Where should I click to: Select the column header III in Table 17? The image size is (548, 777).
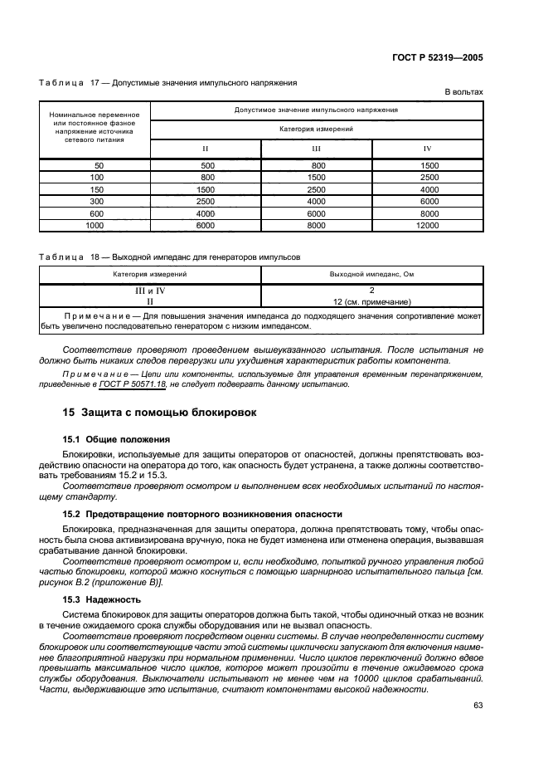[317, 149]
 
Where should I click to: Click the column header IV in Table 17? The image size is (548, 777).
[428, 149]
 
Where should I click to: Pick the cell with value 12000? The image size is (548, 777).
[428, 225]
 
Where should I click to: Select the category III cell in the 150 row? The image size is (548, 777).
[317, 189]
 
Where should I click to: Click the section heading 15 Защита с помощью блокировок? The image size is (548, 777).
[159, 412]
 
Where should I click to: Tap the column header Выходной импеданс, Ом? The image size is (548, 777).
[371, 273]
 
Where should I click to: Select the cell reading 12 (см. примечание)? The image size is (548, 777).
[371, 302]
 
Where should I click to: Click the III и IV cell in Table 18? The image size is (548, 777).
[150, 291]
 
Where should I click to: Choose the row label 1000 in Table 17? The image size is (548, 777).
[95, 225]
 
